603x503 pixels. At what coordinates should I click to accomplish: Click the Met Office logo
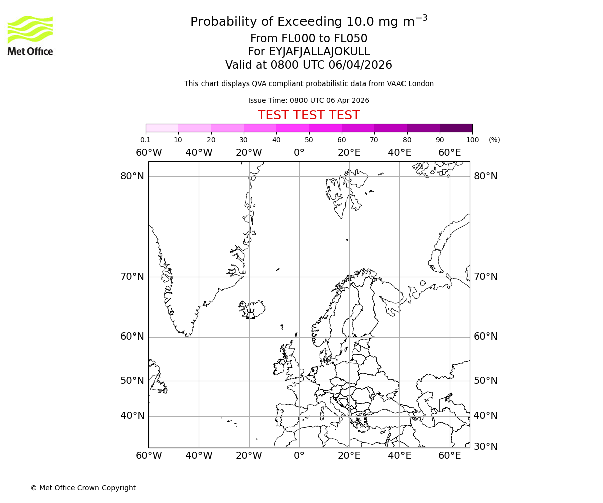point(30,35)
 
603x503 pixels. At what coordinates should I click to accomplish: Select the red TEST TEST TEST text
point(309,115)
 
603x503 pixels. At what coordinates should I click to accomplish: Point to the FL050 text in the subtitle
point(351,39)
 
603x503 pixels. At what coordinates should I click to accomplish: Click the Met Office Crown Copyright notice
point(83,488)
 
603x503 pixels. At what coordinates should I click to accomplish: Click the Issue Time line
point(309,100)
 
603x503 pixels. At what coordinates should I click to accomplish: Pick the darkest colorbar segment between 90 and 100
point(456,128)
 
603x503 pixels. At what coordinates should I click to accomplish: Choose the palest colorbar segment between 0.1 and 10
point(162,128)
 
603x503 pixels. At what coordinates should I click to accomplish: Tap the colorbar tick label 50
point(309,140)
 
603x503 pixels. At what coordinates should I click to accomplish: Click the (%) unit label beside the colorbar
point(494,140)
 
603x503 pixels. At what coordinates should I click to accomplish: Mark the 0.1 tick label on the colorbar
point(145,140)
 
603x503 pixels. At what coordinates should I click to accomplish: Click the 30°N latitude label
point(485,447)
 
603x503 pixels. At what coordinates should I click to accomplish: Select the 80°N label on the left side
point(132,176)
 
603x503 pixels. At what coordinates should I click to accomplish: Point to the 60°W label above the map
point(149,153)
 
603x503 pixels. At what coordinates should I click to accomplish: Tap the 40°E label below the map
point(400,456)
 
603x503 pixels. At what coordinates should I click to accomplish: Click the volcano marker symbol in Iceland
point(250,315)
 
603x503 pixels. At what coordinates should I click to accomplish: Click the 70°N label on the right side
point(485,277)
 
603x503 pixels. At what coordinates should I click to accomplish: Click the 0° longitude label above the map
point(299,153)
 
